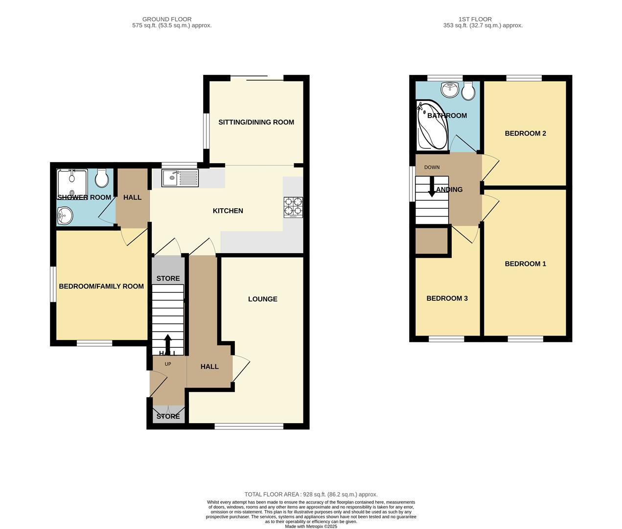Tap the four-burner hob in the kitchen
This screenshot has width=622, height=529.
pos(293,207)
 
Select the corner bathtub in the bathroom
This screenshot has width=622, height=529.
pos(431,126)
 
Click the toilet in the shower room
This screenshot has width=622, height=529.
pos(102,179)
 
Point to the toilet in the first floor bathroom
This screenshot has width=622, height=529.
pos(468,91)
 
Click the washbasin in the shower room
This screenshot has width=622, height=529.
pos(64,215)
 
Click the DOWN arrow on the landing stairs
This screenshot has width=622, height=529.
pos(432,188)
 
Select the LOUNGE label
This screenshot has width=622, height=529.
pos(262,299)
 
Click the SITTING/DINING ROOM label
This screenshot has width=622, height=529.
pos(256,122)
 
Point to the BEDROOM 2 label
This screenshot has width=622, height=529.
pos(525,133)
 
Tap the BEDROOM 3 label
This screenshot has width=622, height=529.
pos(447,298)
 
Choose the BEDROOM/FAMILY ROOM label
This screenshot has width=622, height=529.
pos(101,286)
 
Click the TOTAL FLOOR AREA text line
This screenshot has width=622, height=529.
pos(311,494)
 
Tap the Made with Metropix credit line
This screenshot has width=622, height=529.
pos(311,527)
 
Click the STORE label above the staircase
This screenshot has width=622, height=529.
pos(168,278)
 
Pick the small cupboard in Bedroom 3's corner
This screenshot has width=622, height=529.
pos(432,241)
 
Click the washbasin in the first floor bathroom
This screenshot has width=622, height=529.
pos(449,89)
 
